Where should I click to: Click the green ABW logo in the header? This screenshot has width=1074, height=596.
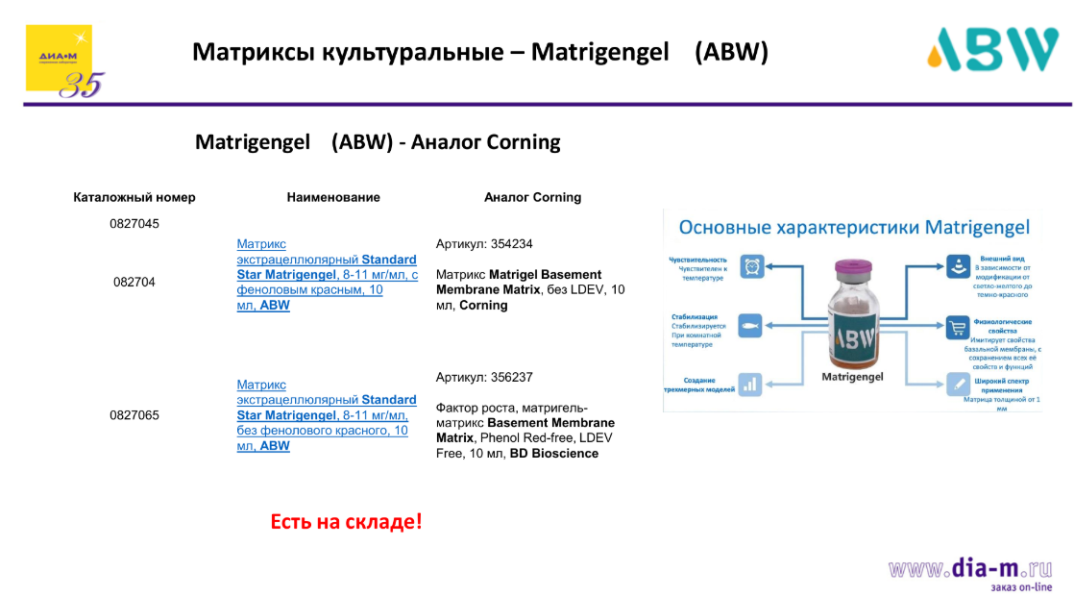pyautogui.click(x=992, y=49)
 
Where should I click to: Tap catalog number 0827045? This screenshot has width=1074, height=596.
pyautogui.click(x=134, y=224)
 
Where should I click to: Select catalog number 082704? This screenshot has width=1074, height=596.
pyautogui.click(x=134, y=283)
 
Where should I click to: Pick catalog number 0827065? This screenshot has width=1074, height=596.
pyautogui.click(x=134, y=416)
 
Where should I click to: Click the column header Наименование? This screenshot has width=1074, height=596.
pyautogui.click(x=333, y=197)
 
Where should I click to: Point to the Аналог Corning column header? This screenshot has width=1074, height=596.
pyautogui.click(x=532, y=197)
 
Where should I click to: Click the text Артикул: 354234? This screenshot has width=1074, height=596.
pyautogui.click(x=484, y=244)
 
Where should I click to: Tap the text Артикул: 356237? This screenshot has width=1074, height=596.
pyautogui.click(x=484, y=378)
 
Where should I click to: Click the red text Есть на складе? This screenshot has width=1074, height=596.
pyautogui.click(x=346, y=522)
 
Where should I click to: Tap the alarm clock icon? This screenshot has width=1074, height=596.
pyautogui.click(x=750, y=266)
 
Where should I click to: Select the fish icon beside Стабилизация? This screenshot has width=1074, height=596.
pyautogui.click(x=750, y=325)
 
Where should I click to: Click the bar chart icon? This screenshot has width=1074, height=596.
pyautogui.click(x=750, y=384)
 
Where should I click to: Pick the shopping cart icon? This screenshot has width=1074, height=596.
pyautogui.click(x=957, y=327)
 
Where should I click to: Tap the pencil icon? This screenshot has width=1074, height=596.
pyautogui.click(x=957, y=384)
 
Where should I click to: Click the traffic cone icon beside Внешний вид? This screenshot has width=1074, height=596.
pyautogui.click(x=957, y=266)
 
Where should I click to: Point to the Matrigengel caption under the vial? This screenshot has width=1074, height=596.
pyautogui.click(x=853, y=378)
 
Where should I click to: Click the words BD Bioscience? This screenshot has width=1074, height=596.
pyautogui.click(x=553, y=454)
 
